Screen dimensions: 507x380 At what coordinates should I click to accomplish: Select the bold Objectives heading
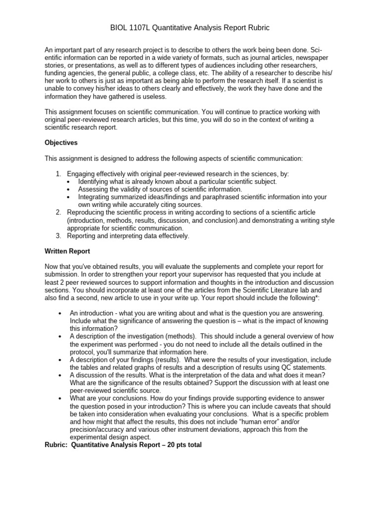pyautogui.click(x=61, y=143)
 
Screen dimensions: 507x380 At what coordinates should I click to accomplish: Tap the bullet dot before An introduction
pyautogui.click(x=60, y=313)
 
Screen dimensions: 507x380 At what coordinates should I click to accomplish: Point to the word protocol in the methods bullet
pyautogui.click(x=82, y=352)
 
